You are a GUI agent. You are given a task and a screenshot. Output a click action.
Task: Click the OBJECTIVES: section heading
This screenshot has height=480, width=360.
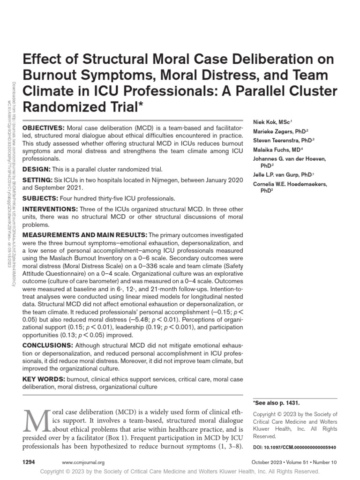click(44, 128)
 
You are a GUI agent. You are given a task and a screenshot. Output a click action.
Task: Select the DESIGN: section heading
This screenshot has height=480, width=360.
click(36, 169)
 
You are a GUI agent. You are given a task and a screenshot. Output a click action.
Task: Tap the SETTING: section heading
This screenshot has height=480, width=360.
click(38, 180)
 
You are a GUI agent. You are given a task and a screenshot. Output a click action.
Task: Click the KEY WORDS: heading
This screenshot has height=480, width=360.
click(44, 379)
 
